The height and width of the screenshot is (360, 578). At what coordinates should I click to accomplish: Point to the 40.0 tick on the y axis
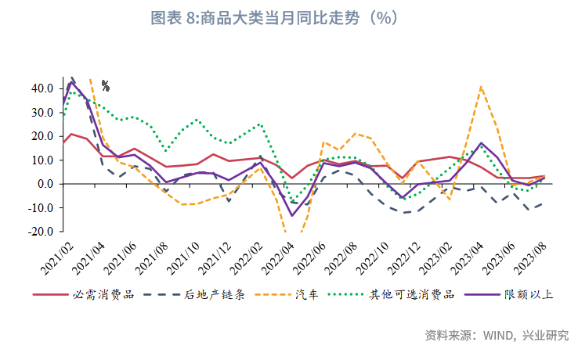[x=42, y=88]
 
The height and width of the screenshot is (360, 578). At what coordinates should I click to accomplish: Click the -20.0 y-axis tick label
[x=41, y=232]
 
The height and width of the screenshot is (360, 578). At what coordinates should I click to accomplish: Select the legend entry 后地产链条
[x=215, y=296]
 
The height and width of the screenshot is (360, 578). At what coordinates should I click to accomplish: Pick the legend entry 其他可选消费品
[x=412, y=296]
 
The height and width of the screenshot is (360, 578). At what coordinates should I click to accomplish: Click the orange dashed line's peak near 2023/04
[x=481, y=87]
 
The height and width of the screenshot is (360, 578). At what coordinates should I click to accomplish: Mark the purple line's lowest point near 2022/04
[x=292, y=215]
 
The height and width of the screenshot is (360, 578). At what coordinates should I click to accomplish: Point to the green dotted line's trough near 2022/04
[x=293, y=200]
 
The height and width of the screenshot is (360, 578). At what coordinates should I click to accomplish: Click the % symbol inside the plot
[x=106, y=86]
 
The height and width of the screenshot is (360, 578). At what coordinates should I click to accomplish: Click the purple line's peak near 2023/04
[x=481, y=143]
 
